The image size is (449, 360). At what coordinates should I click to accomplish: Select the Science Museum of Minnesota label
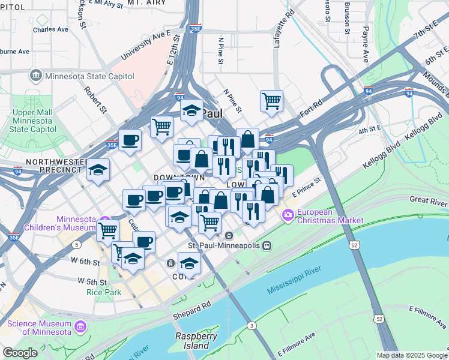pos(39,328)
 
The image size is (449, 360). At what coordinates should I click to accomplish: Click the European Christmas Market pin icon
pos(288,214)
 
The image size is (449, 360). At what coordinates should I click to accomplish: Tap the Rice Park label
pos(103,292)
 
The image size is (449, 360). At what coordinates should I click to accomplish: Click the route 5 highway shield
pos(76,245)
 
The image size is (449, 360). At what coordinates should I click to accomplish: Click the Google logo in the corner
pos(20,353)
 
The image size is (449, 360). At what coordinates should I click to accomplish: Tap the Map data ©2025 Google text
pos(411,355)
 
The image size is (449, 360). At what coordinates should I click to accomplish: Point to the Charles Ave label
pos(51,29)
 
